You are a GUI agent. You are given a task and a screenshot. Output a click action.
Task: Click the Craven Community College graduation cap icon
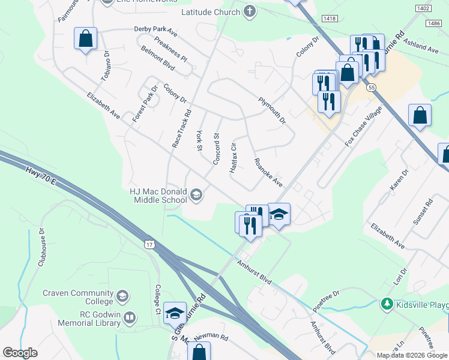(122, 296)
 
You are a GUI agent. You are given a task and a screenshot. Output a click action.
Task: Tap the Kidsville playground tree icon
(387, 305)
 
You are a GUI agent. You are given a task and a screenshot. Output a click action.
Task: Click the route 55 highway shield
(373, 88)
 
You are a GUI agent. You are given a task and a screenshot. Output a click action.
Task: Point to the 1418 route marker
(329, 19)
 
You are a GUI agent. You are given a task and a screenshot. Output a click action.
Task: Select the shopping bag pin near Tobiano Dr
(86, 39)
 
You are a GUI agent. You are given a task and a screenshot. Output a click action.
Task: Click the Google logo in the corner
(20, 353)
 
